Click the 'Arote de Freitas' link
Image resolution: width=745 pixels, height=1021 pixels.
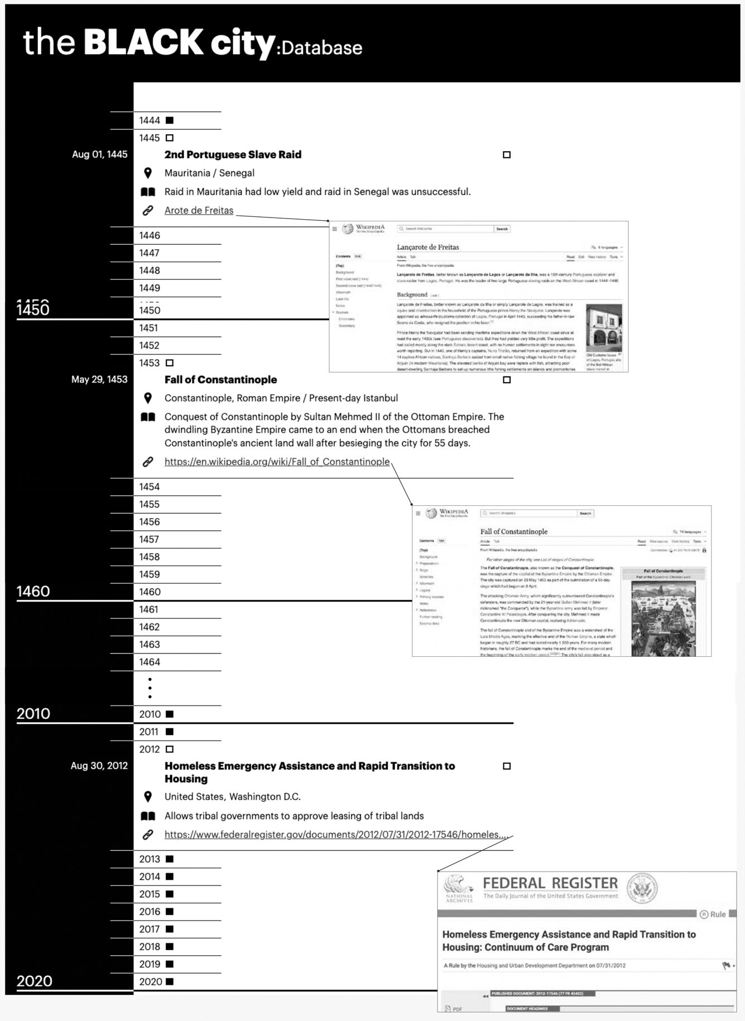tap(199, 210)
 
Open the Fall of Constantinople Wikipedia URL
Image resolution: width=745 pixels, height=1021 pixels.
tap(277, 462)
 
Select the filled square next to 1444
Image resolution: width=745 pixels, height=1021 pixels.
tap(170, 120)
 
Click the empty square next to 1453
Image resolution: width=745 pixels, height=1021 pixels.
tap(170, 363)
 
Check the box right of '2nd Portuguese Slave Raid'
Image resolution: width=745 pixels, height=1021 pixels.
tap(507, 154)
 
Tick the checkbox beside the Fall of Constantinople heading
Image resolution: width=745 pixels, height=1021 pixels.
tap(507, 380)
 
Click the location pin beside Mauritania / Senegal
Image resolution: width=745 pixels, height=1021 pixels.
tap(148, 173)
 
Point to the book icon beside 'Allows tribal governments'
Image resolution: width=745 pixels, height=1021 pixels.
tap(148, 816)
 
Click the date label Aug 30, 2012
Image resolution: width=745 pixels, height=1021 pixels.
tap(99, 766)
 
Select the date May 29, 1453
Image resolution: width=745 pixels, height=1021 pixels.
tap(99, 379)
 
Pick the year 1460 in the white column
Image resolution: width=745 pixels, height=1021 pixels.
tap(150, 592)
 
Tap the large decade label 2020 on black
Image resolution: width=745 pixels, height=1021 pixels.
tap(35, 981)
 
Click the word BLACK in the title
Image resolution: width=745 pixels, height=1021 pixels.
tap(143, 42)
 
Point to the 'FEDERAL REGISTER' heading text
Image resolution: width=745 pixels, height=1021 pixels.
tap(550, 883)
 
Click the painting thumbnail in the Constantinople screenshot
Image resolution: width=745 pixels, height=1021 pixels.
tap(663, 618)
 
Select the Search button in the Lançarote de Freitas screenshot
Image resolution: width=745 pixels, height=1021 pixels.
tap(502, 229)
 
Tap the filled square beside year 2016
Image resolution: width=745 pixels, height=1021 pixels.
tap(170, 912)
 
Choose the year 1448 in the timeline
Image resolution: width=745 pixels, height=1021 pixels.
tap(150, 270)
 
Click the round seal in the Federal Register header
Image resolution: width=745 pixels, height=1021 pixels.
tap(642, 888)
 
